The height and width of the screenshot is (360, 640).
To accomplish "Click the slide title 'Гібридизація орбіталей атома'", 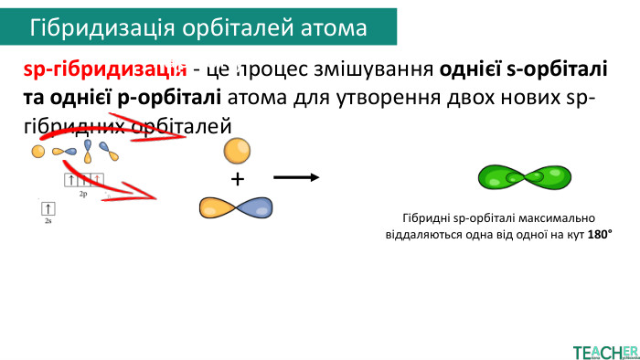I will point(198,28).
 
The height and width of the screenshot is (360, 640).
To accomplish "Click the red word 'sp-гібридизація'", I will point(99,70).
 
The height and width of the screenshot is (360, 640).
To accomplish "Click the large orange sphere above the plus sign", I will point(237,150).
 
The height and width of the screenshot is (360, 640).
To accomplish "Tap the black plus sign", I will point(238,179).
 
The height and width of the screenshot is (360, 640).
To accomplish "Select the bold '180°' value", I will point(599,235).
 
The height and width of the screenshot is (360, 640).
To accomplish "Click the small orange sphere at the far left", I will point(37,151).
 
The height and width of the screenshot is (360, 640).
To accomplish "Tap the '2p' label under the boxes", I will point(82,195).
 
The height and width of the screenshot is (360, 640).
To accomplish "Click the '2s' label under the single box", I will point(48,221).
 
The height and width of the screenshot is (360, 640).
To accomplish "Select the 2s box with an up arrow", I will point(48,209).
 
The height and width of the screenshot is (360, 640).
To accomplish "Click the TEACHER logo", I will point(603,351).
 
